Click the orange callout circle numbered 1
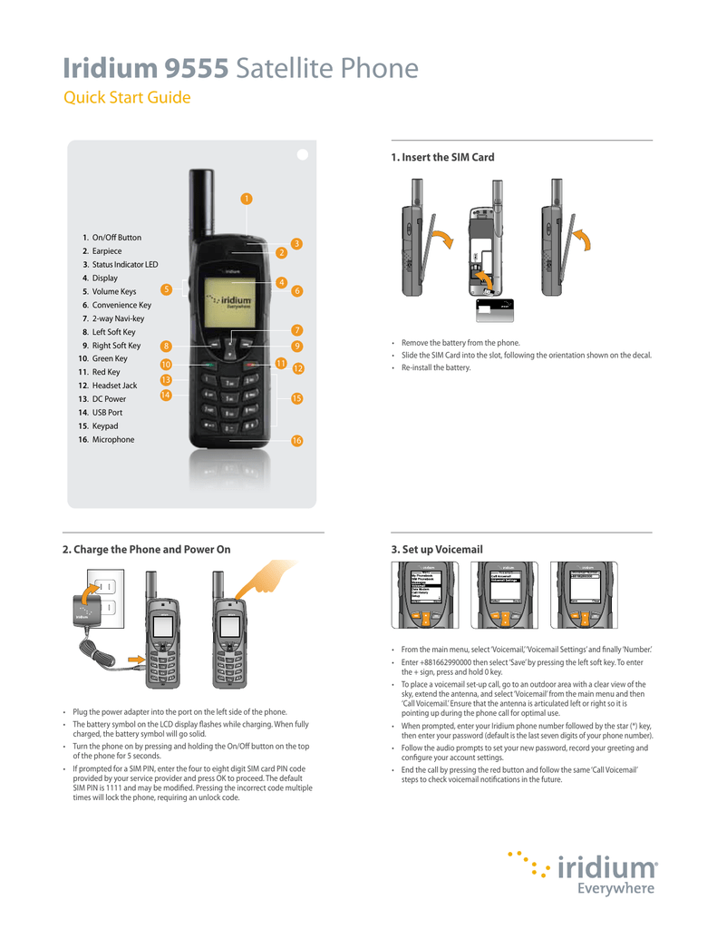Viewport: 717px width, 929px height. (x=246, y=199)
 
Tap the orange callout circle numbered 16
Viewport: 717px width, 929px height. (x=296, y=440)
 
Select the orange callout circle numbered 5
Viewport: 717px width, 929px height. (x=166, y=289)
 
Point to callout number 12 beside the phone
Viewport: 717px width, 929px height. (x=297, y=369)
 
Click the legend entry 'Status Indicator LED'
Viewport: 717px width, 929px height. (x=124, y=264)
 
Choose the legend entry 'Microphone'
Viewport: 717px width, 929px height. (x=112, y=439)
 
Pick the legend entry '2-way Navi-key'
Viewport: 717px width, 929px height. (x=117, y=318)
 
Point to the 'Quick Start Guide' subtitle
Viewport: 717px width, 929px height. (x=126, y=98)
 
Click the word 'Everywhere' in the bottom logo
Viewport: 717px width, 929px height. (x=615, y=889)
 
